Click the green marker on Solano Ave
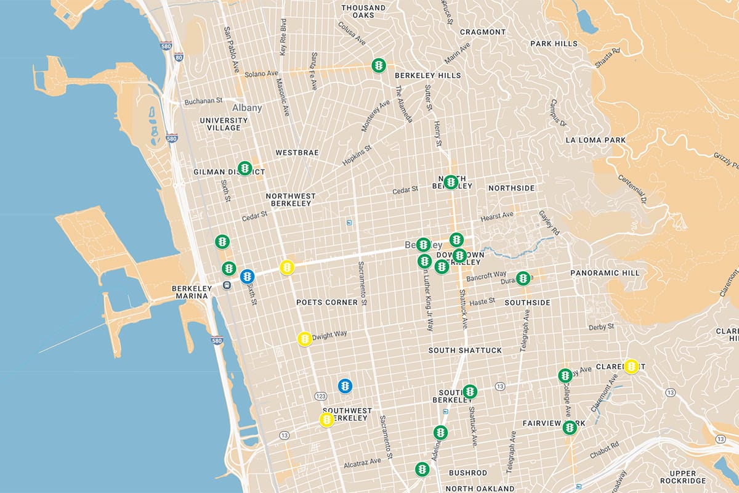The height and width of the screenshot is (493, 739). coord(379,65)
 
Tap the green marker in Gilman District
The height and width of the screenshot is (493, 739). coord(245,168)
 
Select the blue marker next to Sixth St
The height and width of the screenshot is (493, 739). coord(248,276)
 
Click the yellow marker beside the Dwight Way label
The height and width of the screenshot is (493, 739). coord(304,338)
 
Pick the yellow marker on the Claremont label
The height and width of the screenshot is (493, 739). coord(631,366)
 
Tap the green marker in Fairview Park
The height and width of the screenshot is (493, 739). coord(570,427)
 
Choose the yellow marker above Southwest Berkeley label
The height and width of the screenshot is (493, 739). coord(327,420)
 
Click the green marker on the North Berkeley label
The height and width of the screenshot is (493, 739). coord(451,182)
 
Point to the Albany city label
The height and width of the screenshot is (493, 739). coord(246,108)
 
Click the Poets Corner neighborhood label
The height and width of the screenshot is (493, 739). coord(327,303)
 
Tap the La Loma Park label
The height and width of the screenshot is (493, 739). coord(596,141)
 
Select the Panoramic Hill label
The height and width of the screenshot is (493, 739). coord(596,272)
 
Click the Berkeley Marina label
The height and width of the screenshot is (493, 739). coord(192,293)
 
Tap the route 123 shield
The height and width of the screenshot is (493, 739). coord(320,396)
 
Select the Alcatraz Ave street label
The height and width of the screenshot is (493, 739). coord(362,461)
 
